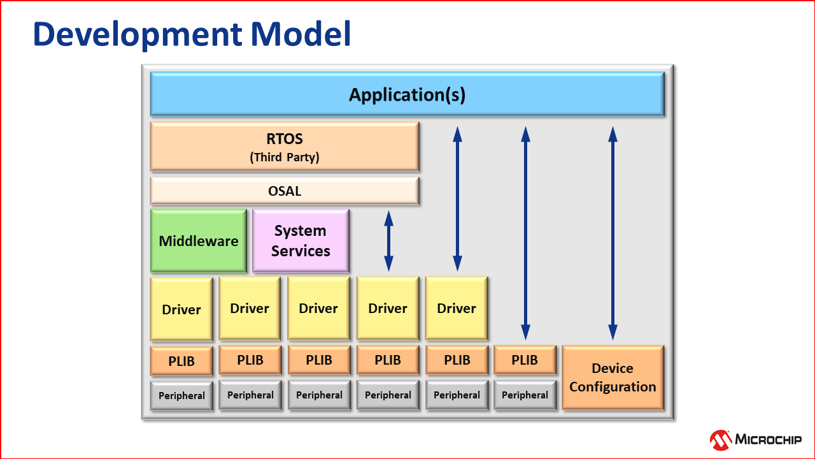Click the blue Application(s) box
click(407, 94)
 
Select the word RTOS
click(284, 139)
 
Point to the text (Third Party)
click(284, 157)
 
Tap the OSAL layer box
click(285, 191)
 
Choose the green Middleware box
click(199, 241)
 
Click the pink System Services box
click(301, 241)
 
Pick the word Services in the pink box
click(301, 251)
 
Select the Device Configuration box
click(613, 377)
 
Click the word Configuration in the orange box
click(613, 387)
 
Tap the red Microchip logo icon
click(721, 439)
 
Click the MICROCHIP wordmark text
click(768, 439)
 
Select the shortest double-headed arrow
click(388, 241)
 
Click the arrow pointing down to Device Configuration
click(613, 233)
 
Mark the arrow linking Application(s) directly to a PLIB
click(525, 233)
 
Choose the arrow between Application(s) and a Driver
click(457, 199)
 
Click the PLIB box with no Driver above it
click(525, 360)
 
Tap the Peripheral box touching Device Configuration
click(525, 395)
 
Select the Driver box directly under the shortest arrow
click(388, 309)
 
